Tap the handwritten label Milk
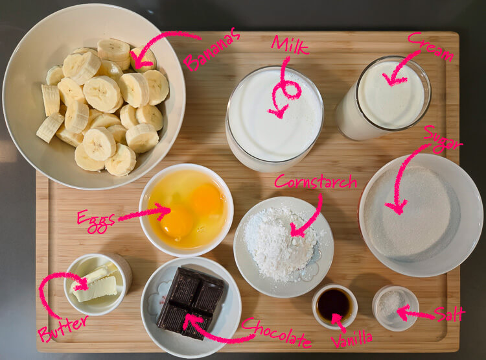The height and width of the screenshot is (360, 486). (x=290, y=45)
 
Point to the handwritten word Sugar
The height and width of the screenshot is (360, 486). (x=443, y=139)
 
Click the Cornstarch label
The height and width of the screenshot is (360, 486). (x=316, y=182)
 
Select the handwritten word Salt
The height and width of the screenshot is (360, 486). (x=450, y=314)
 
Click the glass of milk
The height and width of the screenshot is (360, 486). (x=274, y=117)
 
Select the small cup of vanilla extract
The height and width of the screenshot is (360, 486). (x=334, y=305)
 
